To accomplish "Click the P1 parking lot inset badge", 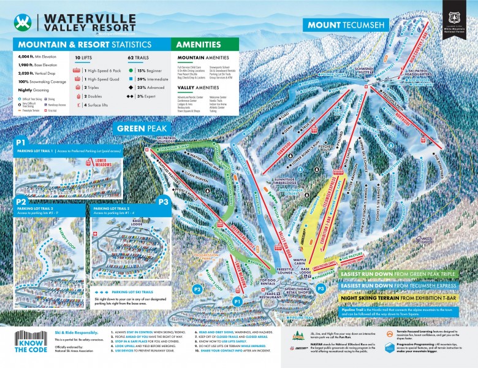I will click(21, 144).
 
